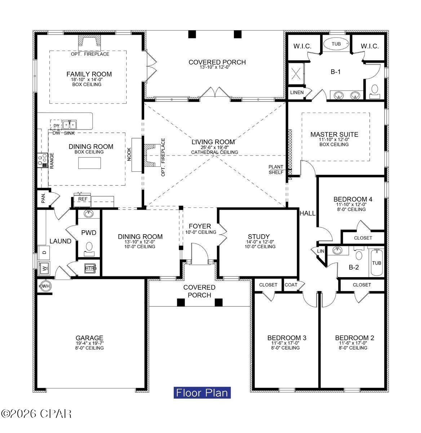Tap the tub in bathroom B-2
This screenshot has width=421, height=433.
376,262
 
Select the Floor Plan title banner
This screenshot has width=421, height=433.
202,392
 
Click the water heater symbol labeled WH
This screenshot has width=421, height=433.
45,286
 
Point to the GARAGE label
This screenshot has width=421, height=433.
89,338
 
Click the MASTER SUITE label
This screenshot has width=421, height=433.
334,135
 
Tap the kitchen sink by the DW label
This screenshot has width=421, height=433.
70,125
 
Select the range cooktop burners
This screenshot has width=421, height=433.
43,159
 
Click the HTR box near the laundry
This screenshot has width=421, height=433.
89,268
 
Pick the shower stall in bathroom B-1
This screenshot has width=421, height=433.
296,74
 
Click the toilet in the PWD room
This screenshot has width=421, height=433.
88,247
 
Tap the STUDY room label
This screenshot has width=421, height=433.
259,237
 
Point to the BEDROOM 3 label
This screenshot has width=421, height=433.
287,338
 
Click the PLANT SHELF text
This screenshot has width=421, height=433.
276,170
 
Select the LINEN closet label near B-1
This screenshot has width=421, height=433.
297,92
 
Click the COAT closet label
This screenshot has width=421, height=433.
291,285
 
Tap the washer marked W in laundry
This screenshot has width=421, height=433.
44,268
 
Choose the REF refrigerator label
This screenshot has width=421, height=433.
83,199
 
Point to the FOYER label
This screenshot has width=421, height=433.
200,227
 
